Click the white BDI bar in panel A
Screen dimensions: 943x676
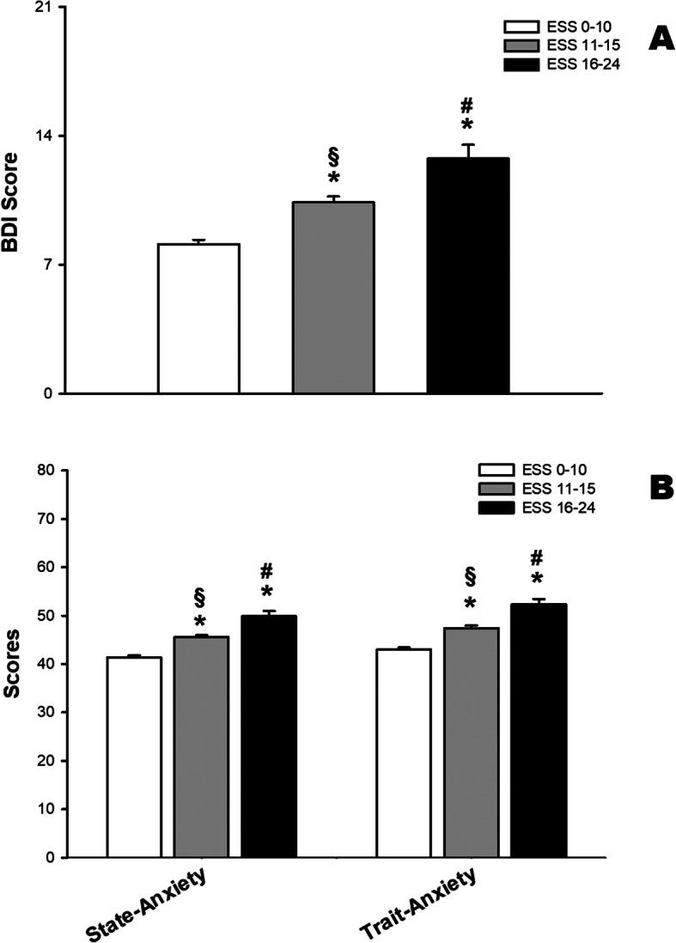[198, 319]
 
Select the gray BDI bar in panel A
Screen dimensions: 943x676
[333, 297]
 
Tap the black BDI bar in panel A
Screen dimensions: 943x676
[468, 276]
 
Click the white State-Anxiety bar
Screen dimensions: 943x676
[134, 757]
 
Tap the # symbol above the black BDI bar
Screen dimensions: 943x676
[467, 106]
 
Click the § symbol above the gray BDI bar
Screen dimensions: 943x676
[333, 156]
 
